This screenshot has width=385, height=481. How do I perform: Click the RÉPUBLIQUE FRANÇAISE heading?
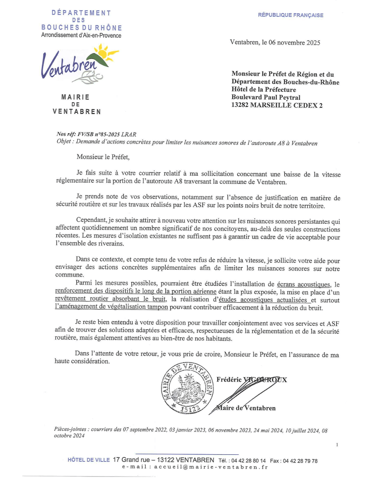[x=291, y=15]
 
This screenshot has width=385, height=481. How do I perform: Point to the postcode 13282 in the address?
[x=240, y=105]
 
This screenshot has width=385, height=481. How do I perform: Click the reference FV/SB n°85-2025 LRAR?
[x=107, y=134]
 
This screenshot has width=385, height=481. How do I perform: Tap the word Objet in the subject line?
[x=64, y=141]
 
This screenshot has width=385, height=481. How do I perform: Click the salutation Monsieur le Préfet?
[x=103, y=157]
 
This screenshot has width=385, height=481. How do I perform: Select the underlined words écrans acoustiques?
[x=304, y=284]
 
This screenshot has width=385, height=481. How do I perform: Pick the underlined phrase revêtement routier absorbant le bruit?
[x=111, y=299]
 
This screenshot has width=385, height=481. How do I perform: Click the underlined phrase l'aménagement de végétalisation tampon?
[x=111, y=307]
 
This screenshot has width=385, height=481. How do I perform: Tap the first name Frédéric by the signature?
[x=229, y=379]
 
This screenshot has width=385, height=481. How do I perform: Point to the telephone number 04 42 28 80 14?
[x=248, y=461]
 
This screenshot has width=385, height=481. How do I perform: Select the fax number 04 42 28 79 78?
[x=300, y=461]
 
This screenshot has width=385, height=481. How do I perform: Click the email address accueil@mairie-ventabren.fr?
[x=211, y=467]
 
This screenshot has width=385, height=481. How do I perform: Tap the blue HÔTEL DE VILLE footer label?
[x=89, y=460]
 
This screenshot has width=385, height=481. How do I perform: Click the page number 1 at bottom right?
[x=337, y=445]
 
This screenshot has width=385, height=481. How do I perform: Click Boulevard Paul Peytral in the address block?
[x=266, y=97]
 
